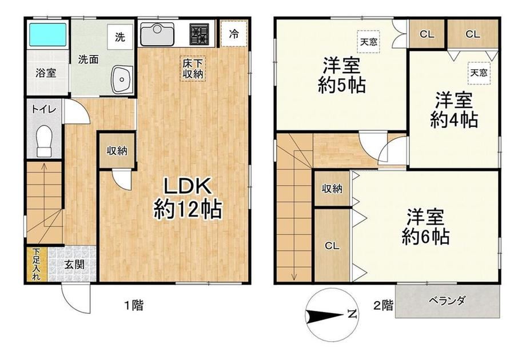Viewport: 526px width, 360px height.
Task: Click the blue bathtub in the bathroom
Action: pos(47,34)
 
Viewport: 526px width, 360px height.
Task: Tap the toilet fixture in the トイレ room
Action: pos(44,141)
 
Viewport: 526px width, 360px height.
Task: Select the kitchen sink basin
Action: pos(157,34)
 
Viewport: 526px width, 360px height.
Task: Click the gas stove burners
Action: pos(200,34)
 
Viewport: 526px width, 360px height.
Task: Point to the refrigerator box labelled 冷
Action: pos(234,34)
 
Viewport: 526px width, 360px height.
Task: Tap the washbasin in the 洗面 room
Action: pos(122,79)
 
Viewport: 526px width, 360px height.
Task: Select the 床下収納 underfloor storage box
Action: pos(193,69)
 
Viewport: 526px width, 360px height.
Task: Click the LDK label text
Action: pos(187,186)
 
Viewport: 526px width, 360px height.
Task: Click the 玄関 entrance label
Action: pos(74,265)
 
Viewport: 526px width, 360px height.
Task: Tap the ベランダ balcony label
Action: pos(448,301)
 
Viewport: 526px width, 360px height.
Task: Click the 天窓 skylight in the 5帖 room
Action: pos(369,42)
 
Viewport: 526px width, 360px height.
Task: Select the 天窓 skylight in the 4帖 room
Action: pos(479,73)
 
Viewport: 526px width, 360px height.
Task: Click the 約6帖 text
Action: pos(426,237)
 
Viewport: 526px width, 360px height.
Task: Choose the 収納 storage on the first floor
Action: pos(117,150)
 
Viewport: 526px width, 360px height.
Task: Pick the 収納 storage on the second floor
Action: pos(332,189)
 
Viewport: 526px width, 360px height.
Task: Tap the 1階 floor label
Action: pos(134,305)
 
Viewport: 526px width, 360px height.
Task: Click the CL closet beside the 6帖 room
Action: pos(332,246)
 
